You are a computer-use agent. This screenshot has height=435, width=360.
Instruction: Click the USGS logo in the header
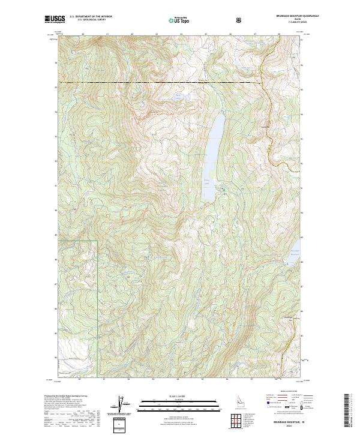tap(55, 20)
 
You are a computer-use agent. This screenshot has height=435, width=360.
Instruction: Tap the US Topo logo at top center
tap(178, 20)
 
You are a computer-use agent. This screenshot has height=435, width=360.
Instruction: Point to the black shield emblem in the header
tap(240, 20)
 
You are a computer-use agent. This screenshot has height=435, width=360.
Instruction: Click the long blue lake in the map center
tap(213, 150)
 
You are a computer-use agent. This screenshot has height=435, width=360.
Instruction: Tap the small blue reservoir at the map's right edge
tap(292, 254)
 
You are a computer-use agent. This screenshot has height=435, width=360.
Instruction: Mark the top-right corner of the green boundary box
tap(97, 241)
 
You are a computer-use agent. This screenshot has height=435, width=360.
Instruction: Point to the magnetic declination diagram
tap(124, 406)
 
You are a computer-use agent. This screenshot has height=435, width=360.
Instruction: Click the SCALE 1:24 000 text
tap(172, 396)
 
